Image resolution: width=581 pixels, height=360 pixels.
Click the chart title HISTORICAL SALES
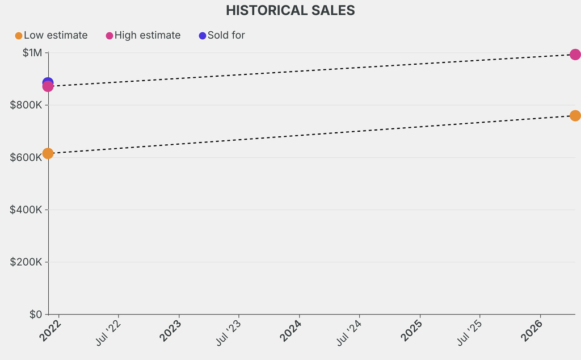point(290,10)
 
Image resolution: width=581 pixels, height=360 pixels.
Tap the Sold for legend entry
point(222,35)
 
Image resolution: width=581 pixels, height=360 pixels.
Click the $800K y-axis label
point(26,105)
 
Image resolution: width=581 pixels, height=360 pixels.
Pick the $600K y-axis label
point(26,157)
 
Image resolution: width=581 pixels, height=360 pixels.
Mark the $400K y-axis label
point(26,210)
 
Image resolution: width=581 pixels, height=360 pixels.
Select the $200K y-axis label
point(26,262)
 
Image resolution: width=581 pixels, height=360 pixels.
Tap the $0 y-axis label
point(35,314)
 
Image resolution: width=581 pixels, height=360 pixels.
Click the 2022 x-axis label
point(50,330)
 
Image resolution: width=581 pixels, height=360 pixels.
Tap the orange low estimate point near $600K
point(48,153)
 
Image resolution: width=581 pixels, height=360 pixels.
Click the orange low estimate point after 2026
point(575,116)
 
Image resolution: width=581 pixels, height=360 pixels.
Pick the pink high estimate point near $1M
point(575,55)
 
